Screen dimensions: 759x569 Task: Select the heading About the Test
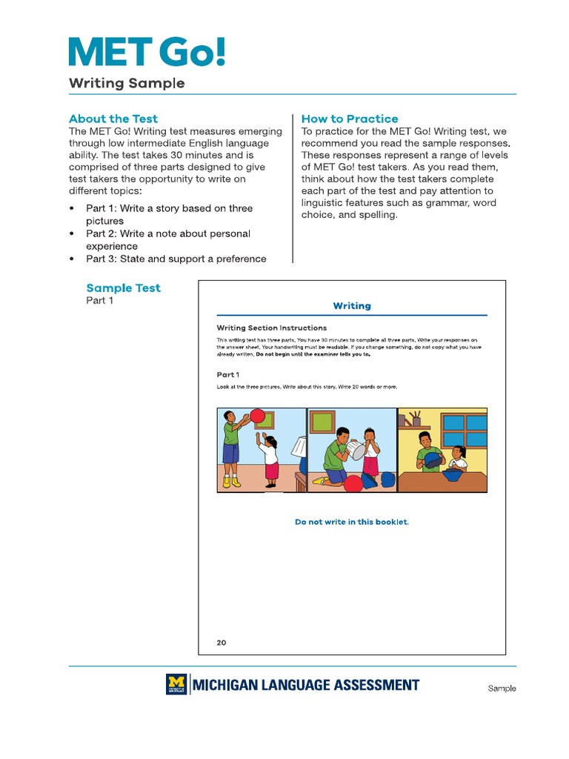(x=113, y=119)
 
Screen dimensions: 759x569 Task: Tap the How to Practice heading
(x=350, y=119)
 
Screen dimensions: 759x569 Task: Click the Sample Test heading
(x=123, y=288)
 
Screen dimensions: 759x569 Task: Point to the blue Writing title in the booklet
(x=352, y=305)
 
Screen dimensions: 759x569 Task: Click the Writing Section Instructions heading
(x=271, y=328)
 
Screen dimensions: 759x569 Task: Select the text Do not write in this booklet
(x=352, y=522)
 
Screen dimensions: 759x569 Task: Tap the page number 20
(x=222, y=643)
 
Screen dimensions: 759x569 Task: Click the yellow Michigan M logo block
(x=176, y=684)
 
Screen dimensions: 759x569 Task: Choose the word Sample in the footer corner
(x=502, y=689)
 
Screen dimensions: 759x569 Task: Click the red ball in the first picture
(x=258, y=416)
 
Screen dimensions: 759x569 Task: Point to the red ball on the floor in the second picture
(x=353, y=483)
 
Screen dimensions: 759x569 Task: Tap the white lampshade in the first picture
(x=299, y=447)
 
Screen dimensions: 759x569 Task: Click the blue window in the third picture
(x=465, y=430)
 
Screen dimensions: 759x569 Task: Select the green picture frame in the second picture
(x=322, y=422)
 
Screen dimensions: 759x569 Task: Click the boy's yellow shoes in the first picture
(x=232, y=482)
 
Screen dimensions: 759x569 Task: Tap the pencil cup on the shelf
(x=416, y=419)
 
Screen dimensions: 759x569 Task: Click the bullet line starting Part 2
(x=167, y=239)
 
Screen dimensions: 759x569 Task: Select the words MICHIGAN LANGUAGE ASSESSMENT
(x=305, y=685)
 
